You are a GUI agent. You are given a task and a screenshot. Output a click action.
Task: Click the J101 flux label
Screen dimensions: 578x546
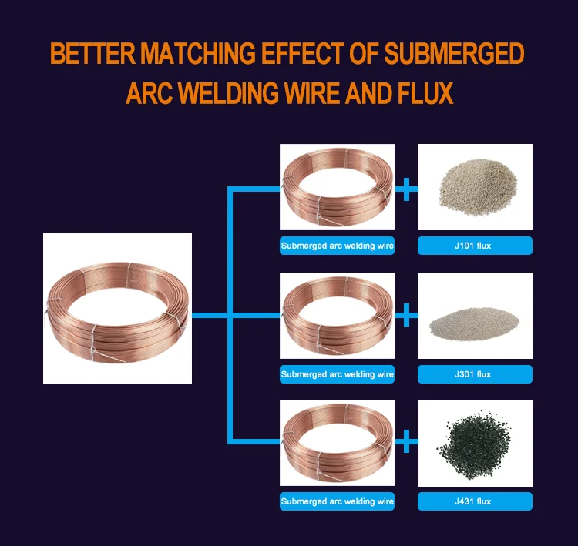(x=475, y=246)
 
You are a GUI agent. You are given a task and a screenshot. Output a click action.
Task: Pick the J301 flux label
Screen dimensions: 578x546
(x=475, y=374)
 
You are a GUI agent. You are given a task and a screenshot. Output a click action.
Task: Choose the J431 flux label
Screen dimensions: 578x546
(x=475, y=501)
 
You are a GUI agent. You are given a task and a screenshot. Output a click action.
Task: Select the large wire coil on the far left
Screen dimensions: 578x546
(x=117, y=308)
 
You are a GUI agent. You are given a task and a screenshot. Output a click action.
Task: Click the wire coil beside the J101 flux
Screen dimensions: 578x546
(x=337, y=188)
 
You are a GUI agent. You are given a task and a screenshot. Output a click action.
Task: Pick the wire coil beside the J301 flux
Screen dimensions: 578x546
(x=337, y=316)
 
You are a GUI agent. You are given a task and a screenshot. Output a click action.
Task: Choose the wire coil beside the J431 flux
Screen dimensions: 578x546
(x=337, y=443)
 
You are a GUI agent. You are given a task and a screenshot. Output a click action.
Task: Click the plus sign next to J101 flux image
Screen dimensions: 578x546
(x=406, y=187)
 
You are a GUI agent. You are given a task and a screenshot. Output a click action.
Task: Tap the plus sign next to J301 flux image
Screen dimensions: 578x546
(x=406, y=315)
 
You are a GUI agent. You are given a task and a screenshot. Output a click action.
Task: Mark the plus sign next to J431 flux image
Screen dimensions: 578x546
(x=406, y=442)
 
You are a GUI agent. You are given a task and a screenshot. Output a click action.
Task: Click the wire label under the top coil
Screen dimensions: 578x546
(x=337, y=246)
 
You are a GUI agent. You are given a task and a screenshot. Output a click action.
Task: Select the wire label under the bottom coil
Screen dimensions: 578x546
(x=337, y=501)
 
